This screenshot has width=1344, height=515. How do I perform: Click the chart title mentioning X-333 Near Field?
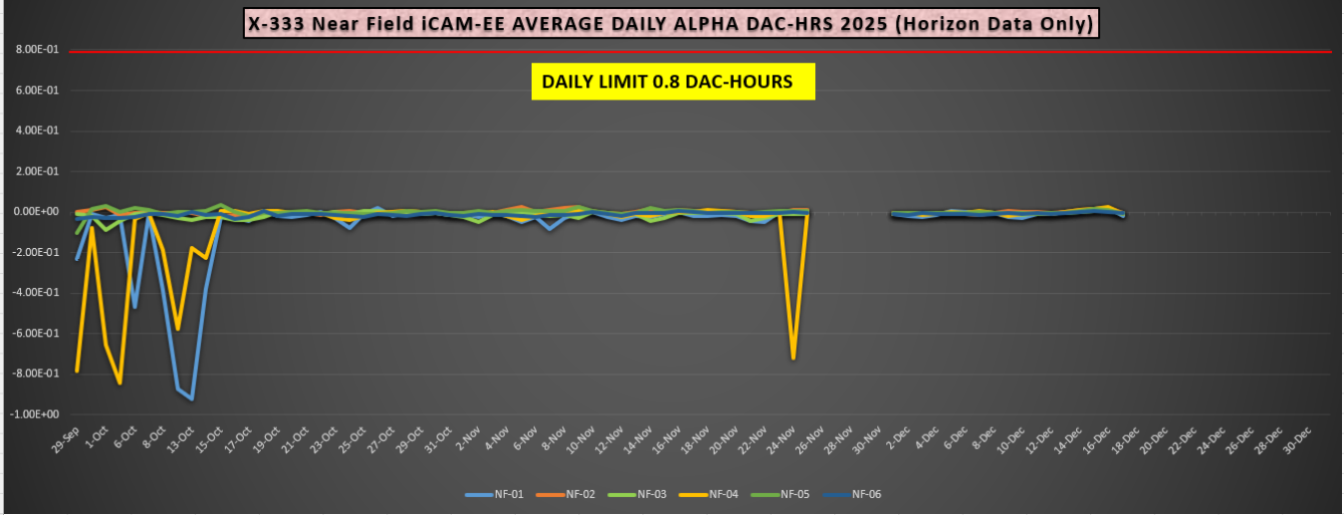tap(672, 22)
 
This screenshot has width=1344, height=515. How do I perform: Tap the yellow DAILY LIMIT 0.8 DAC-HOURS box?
tap(673, 82)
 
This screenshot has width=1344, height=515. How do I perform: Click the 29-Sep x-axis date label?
tap(67, 441)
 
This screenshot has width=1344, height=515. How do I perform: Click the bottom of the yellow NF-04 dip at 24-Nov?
tap(792, 358)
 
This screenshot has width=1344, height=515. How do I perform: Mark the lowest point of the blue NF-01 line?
tap(191, 398)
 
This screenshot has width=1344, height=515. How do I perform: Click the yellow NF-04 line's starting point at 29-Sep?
tap(77, 372)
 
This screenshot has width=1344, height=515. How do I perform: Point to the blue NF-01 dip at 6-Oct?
tap(134, 307)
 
